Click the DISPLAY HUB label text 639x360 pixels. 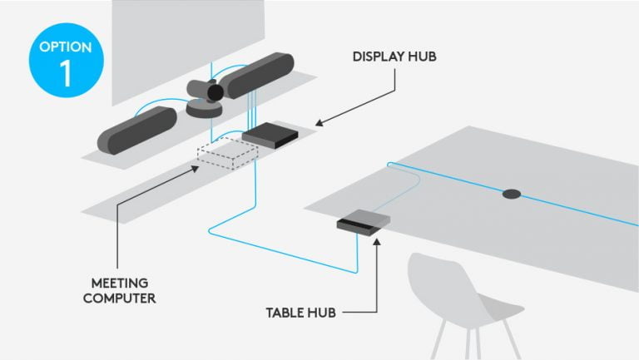(x=395, y=57)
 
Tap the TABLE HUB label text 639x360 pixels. (x=301, y=313)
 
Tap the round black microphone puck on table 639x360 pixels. (x=512, y=195)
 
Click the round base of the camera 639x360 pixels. (x=204, y=108)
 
